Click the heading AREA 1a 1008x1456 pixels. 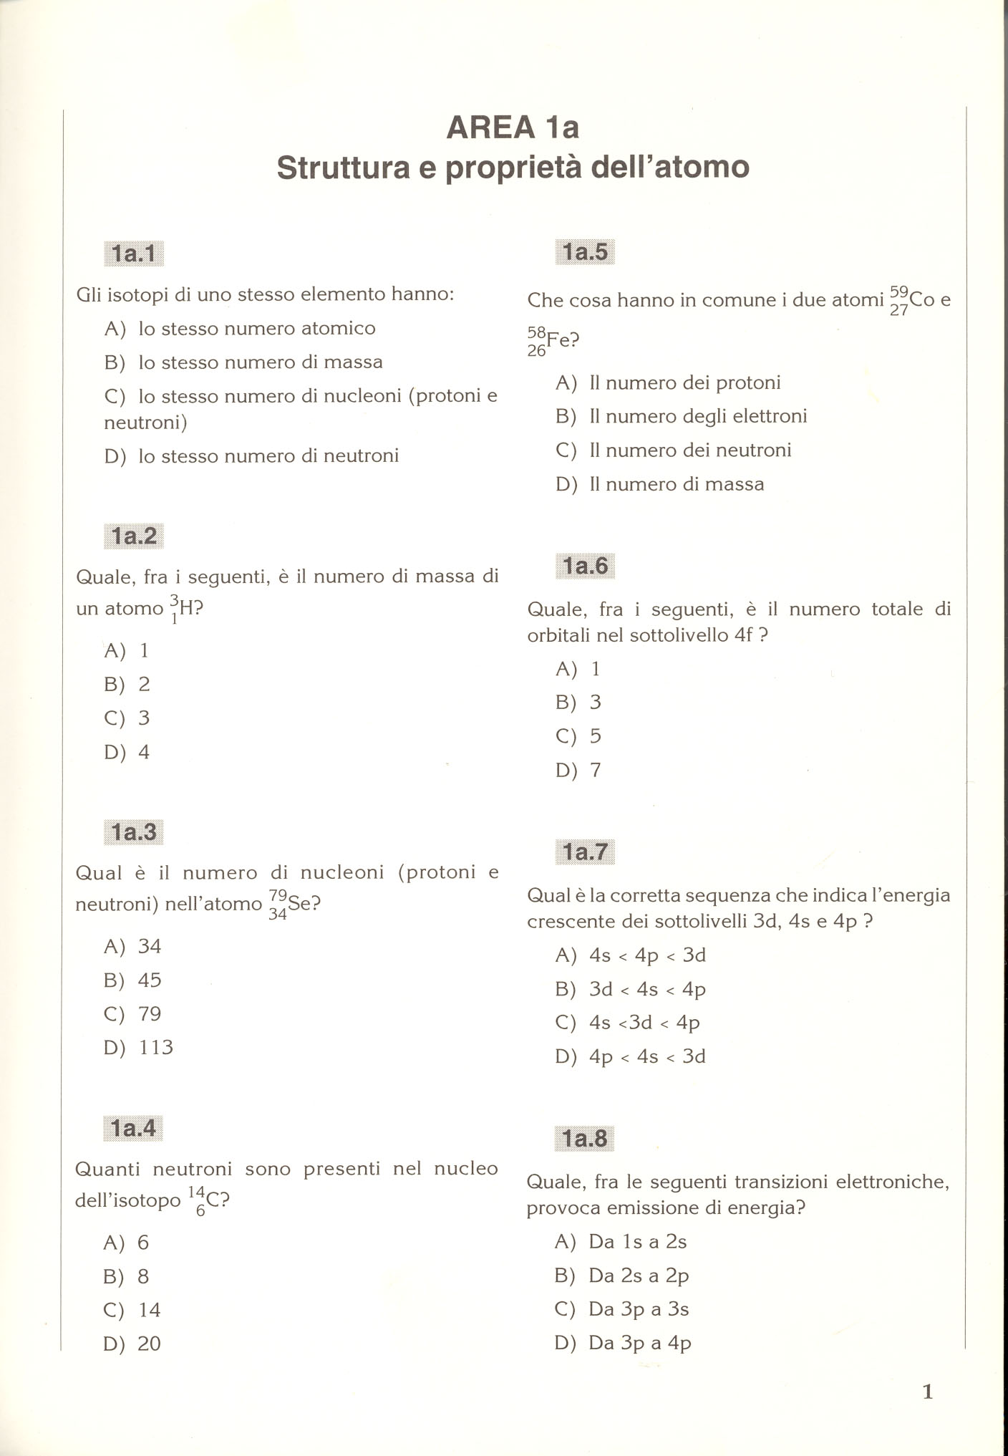513,127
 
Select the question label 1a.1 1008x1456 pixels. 134,254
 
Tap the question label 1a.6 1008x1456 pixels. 585,567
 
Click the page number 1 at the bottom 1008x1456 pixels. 928,1392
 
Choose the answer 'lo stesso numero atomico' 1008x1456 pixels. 256,329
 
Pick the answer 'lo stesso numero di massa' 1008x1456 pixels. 260,362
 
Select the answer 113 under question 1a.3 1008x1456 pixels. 155,1048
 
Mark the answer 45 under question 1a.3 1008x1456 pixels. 149,980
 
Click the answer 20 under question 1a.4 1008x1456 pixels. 149,1344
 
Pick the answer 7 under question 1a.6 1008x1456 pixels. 595,771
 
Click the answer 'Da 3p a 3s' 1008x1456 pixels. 638,1309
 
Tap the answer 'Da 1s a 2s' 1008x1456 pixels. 637,1242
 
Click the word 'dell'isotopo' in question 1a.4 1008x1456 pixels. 127,1201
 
